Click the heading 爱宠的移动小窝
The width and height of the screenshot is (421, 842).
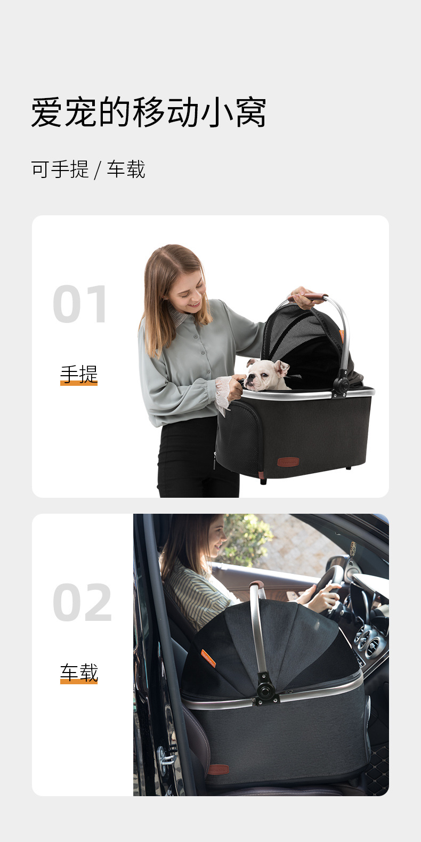coord(149,112)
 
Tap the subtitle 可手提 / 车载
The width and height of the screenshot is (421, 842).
coord(88,169)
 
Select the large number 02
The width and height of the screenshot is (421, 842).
coord(83,603)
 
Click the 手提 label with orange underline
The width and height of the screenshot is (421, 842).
coord(79,375)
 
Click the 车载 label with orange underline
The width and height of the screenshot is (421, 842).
coord(79,673)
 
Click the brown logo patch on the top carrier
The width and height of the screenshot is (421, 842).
coord(288,462)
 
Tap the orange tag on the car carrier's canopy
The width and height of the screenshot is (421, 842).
coord(208,659)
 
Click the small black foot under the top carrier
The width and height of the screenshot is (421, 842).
coord(263,481)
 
